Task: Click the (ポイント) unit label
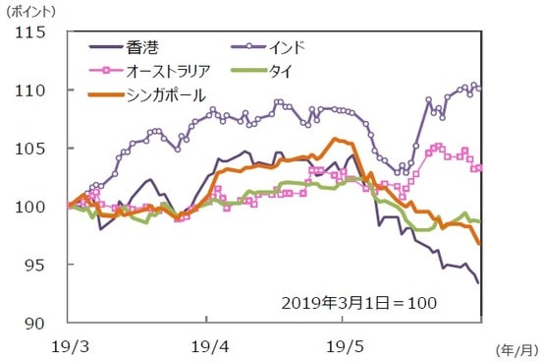click(31, 11)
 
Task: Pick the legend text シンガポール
click(167, 94)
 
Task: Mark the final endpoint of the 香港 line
click(479, 283)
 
